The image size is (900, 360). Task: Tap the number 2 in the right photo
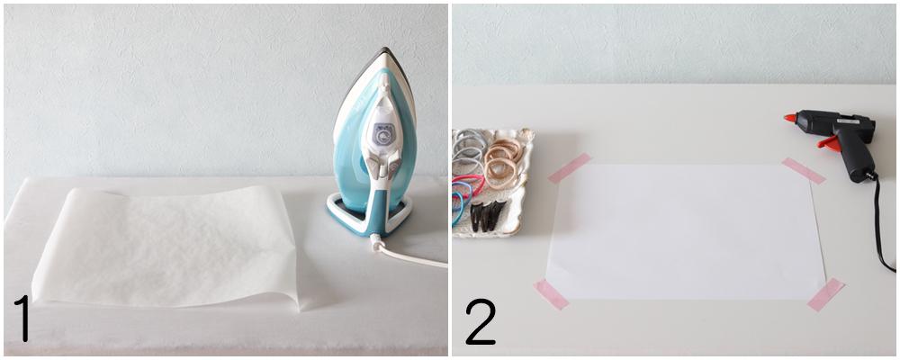481,321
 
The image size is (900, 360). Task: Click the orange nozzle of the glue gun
790,118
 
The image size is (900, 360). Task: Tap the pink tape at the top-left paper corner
570,168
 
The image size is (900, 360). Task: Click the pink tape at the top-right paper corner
804,170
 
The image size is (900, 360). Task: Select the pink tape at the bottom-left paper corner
551,294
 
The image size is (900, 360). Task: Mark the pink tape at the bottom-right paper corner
825,294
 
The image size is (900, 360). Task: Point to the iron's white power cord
407,255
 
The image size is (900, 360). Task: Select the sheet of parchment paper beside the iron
166,247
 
